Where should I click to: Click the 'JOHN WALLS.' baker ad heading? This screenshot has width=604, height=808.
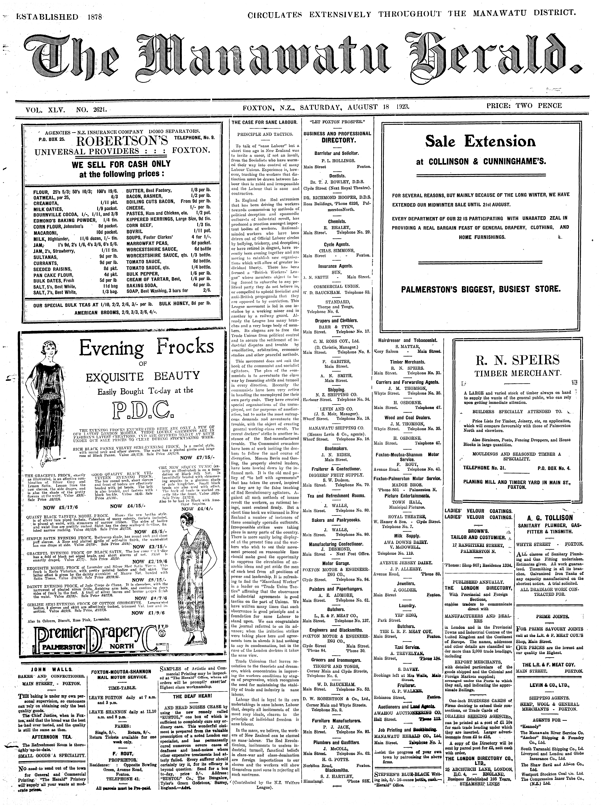click(x=51, y=670)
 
